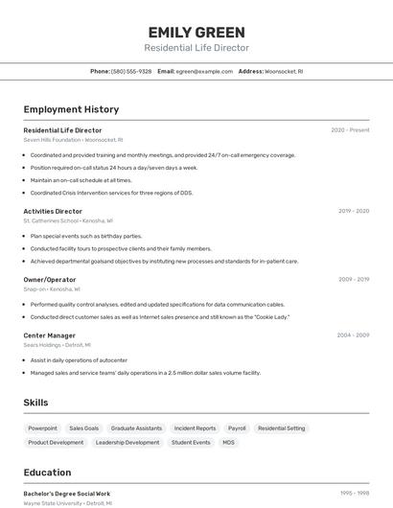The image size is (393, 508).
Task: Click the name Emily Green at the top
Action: point(196,32)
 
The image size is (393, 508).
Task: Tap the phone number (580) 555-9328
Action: point(131,71)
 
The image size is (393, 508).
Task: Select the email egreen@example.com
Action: point(204,71)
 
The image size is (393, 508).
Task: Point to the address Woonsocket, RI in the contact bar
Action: point(284,71)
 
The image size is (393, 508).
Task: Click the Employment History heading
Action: point(71,109)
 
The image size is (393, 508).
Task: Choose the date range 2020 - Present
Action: point(350,130)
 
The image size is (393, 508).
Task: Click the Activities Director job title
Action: point(53,211)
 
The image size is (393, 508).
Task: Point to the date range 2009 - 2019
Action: point(353,279)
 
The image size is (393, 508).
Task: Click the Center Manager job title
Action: point(49,335)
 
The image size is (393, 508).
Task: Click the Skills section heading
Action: point(35,403)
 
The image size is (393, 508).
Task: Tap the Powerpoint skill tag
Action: point(42,428)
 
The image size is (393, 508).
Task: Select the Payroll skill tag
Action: point(236,428)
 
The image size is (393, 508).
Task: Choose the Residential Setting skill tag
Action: point(282,428)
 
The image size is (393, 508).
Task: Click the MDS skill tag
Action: point(228,443)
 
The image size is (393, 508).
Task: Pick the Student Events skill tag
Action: point(191,443)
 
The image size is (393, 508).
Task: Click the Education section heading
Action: point(47,473)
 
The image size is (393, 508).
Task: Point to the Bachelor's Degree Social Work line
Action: point(67,494)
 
